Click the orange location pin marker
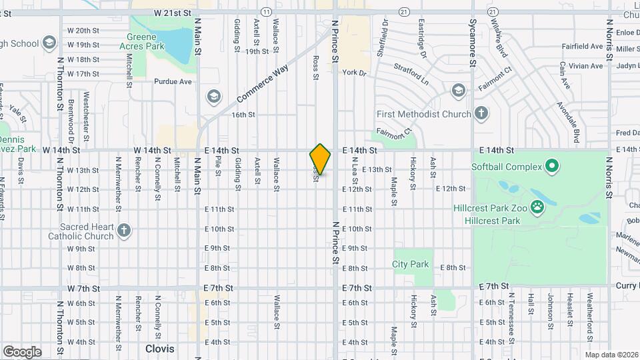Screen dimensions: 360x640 coord(320,159)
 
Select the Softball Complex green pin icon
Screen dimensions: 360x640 coord(551,165)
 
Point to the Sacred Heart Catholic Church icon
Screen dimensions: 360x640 coord(123,231)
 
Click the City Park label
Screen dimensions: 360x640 coord(411,264)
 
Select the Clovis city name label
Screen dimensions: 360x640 coord(160,349)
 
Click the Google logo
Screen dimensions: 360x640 coord(21,351)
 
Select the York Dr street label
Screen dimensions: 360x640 coord(356,73)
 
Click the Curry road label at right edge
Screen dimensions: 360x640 coord(629,285)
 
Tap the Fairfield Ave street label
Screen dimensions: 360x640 coord(583,47)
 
